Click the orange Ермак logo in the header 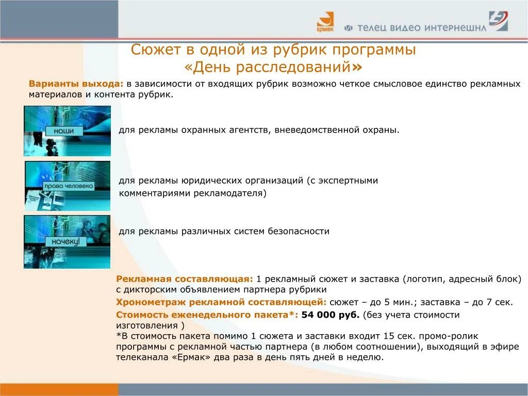[x=325, y=23]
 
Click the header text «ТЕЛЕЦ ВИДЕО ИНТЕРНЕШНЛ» [x=416, y=28]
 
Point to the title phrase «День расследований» [x=273, y=67]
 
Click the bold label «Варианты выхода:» [x=76, y=84]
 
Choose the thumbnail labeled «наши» [x=67, y=130]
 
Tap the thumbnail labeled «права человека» [x=68, y=186]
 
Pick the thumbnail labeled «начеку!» [x=67, y=241]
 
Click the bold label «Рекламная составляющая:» [x=185, y=279]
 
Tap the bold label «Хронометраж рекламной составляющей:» [x=221, y=302]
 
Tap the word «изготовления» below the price [x=146, y=326]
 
